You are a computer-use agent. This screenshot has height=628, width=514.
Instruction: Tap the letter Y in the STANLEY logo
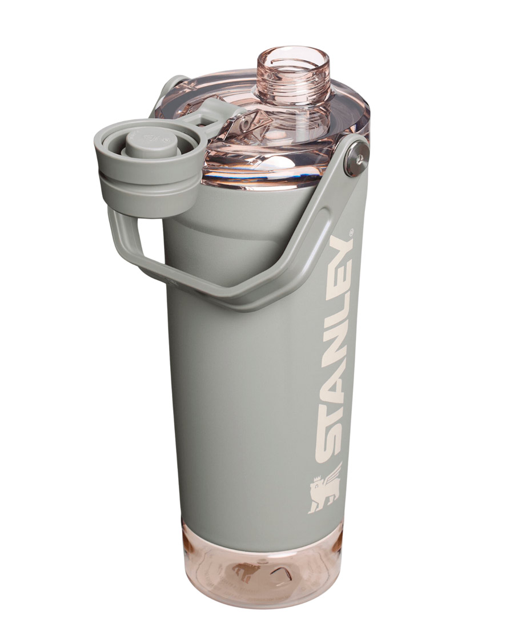(342, 248)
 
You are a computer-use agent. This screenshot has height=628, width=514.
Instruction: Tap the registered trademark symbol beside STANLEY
(351, 231)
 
